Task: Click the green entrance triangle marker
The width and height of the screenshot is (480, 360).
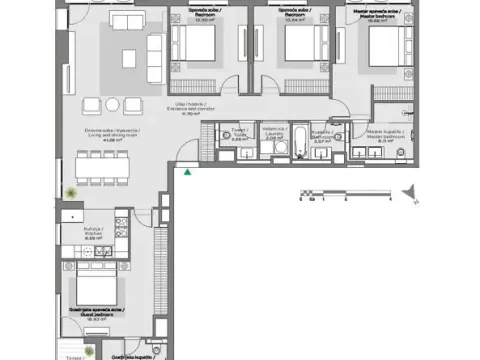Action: coord(188,171)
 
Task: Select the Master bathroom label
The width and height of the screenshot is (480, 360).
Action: coord(383,135)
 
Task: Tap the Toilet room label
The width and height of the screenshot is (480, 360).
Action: coord(238,135)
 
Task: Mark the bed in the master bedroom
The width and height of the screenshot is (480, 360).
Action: coord(386,45)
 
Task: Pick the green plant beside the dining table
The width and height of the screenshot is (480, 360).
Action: coord(70,192)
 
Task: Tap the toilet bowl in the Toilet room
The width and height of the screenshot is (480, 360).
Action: coord(236,150)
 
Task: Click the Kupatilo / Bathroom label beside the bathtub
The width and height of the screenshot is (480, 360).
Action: coord(321,138)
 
